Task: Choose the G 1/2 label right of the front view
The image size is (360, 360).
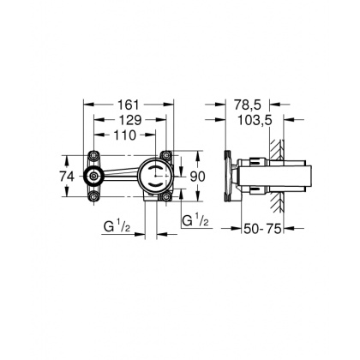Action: point(195,221)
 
